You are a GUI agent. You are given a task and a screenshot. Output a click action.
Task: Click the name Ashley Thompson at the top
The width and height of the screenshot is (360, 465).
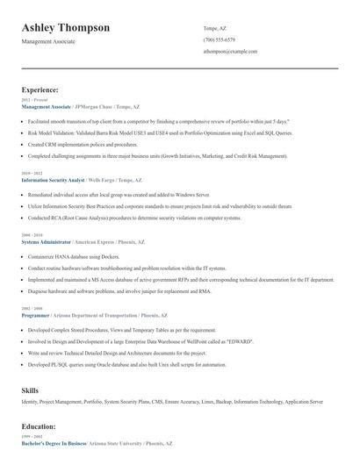point(66,28)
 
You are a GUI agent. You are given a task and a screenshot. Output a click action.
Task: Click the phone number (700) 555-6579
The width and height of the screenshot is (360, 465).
point(219,39)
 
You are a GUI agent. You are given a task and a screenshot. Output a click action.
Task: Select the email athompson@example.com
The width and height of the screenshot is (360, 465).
point(230,52)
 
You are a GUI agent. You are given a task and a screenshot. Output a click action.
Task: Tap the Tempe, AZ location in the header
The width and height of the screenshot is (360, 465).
point(215,27)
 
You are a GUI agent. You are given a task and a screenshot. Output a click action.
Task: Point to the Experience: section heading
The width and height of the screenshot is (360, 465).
point(40,89)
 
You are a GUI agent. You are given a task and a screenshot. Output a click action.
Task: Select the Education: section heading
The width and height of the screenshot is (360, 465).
point(39,426)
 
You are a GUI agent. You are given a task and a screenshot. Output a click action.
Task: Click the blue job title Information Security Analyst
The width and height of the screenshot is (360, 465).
point(52,180)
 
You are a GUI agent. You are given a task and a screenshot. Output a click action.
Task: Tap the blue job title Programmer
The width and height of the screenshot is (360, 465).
point(36,314)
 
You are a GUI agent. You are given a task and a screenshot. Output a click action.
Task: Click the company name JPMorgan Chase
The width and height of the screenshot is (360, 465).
point(94,106)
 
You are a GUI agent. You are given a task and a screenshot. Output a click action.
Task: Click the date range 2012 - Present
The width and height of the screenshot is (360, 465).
point(33,100)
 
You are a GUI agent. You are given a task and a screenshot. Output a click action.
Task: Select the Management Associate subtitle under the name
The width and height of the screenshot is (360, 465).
point(48,41)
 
